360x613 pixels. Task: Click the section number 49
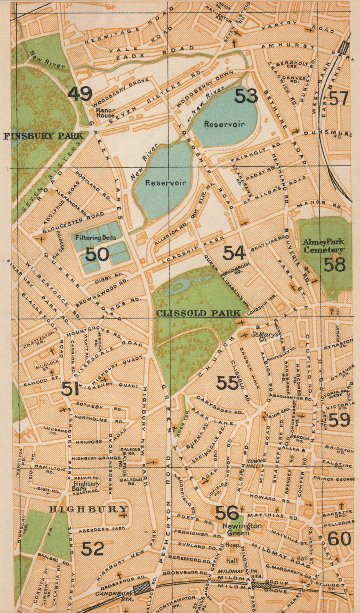pos(80,93)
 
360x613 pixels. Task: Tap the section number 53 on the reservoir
pos(246,96)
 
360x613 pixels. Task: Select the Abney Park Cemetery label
pos(323,246)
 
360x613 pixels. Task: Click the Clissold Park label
pos(198,313)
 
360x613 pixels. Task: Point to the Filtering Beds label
pos(95,238)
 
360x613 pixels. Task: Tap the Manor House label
pos(105,113)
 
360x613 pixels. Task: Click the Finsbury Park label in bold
pos(43,136)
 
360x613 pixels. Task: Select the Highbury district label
pos(88,509)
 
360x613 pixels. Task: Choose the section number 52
pos(93,549)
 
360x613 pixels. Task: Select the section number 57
pos(339,98)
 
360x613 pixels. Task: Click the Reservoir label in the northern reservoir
pos(224,124)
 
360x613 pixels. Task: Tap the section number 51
pos(70,389)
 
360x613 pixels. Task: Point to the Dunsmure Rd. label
pos(328,134)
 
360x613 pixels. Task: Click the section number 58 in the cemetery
pos(334,264)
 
